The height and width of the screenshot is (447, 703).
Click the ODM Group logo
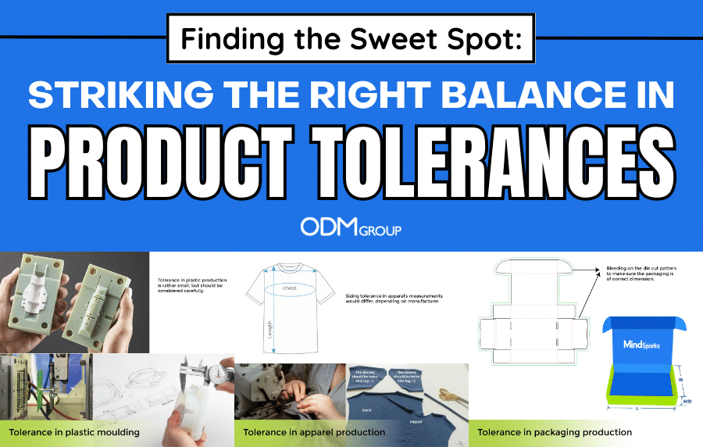click(351, 227)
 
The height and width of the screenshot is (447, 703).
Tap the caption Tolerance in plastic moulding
click(74, 432)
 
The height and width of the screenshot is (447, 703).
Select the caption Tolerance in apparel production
click(314, 432)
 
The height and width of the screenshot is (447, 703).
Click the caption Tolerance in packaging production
click(555, 432)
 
